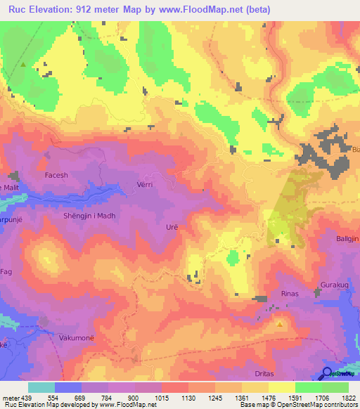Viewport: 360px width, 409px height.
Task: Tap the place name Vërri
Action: pos(145,185)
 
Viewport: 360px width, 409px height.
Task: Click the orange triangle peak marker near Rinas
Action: pos(280,324)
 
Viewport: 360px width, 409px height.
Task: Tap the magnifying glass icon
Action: pos(328,373)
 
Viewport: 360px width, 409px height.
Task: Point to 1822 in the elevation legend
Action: pos(349,397)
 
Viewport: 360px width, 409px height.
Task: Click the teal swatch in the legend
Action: pos(41,387)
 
